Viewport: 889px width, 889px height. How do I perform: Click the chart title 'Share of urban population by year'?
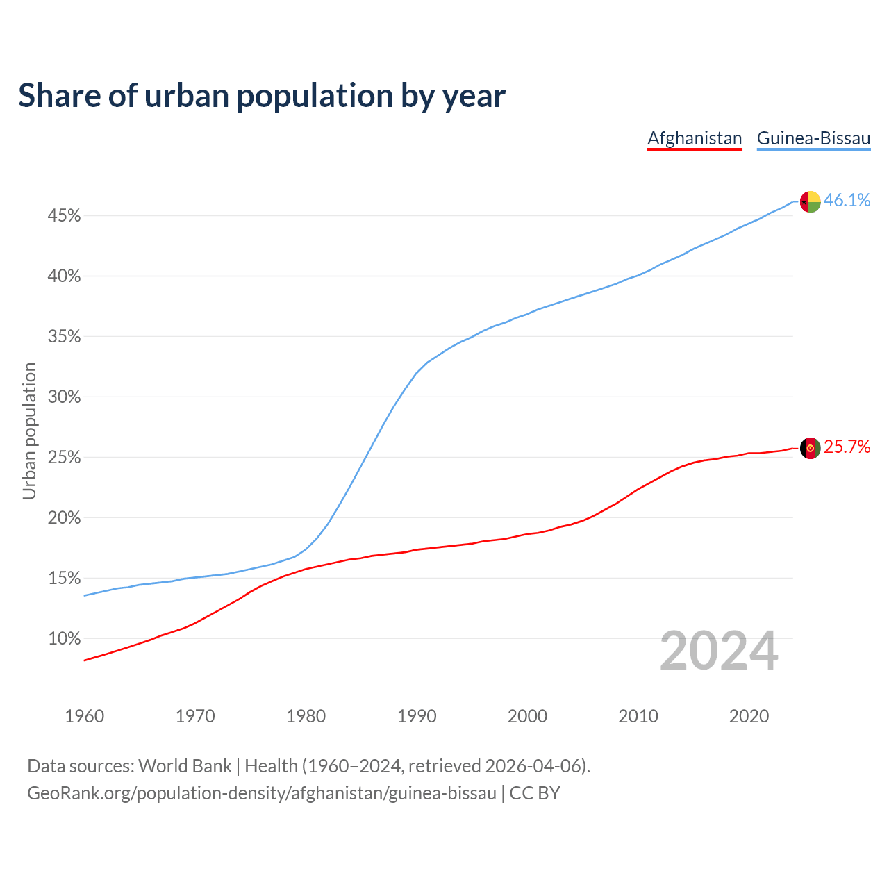pyautogui.click(x=262, y=96)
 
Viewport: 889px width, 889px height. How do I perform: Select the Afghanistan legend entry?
pyautogui.click(x=695, y=138)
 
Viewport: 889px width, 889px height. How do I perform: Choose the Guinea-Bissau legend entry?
pyautogui.click(x=813, y=138)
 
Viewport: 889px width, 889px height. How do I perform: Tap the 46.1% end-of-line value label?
pyautogui.click(x=847, y=201)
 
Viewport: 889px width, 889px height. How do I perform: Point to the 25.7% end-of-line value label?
pyautogui.click(x=847, y=447)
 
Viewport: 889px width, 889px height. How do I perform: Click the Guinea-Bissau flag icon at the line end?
pyautogui.click(x=811, y=201)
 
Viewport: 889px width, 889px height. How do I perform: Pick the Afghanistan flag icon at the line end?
pyautogui.click(x=811, y=448)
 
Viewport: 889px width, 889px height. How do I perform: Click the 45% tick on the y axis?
pyautogui.click(x=64, y=216)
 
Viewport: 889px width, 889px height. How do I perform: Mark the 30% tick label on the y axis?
pyautogui.click(x=64, y=397)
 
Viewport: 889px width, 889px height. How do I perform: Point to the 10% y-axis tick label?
pyautogui.click(x=64, y=639)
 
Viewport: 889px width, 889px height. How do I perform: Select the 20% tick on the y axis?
pyautogui.click(x=64, y=518)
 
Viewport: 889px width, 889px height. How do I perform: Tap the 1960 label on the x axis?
pyautogui.click(x=84, y=716)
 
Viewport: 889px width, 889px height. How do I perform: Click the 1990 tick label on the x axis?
pyautogui.click(x=417, y=716)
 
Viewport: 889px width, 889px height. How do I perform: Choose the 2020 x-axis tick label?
pyautogui.click(x=749, y=716)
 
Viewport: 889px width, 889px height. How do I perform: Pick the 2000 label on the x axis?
pyautogui.click(x=527, y=716)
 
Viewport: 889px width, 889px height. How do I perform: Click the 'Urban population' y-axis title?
pyautogui.click(x=29, y=431)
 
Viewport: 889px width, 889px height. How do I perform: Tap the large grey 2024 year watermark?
pyautogui.click(x=719, y=651)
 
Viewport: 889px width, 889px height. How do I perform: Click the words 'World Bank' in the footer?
pyautogui.click(x=185, y=766)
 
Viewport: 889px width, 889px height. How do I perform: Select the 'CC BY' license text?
pyautogui.click(x=535, y=793)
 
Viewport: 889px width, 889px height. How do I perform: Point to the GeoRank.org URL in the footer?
pyautogui.click(x=262, y=793)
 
